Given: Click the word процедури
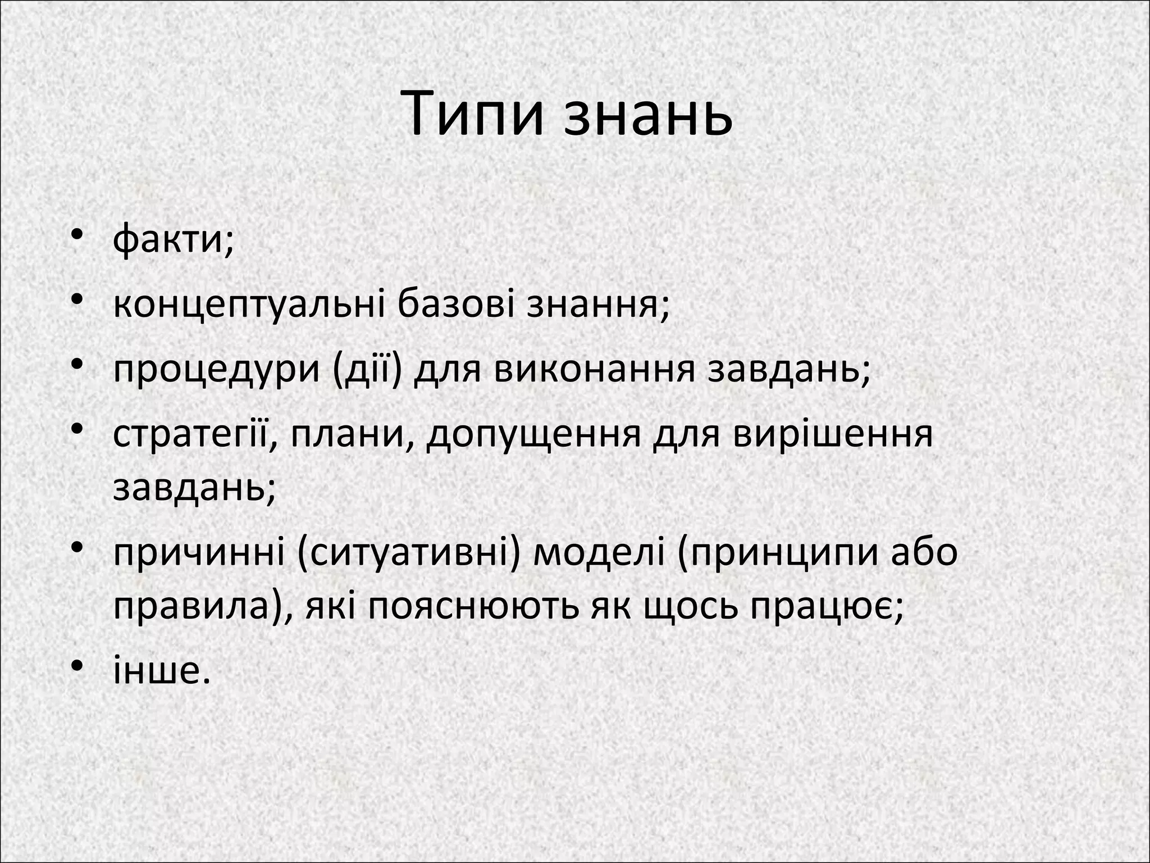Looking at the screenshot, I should (216, 371).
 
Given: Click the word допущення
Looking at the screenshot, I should (533, 436).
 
